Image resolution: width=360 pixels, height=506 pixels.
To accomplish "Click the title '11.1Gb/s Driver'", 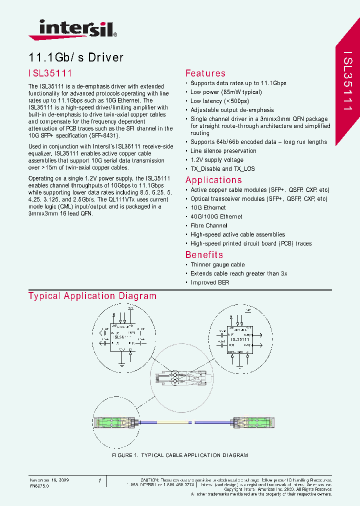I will click(x=75, y=57).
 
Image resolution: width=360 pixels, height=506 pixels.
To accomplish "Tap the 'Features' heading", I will click(x=205, y=73).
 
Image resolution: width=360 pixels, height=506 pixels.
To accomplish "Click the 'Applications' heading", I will click(x=213, y=180).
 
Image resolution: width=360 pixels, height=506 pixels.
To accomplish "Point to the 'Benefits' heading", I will click(x=204, y=254).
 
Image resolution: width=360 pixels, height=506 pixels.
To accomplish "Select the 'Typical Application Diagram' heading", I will click(x=92, y=296).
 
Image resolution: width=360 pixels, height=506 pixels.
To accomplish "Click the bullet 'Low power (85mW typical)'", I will click(x=226, y=92).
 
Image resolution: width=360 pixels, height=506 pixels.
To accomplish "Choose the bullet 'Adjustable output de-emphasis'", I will click(x=232, y=110).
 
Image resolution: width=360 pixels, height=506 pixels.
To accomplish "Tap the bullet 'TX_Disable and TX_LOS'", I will click(x=222, y=169).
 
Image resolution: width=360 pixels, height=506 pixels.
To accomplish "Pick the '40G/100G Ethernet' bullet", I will click(x=216, y=216).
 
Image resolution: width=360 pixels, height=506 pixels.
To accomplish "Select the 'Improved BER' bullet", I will click(x=210, y=282).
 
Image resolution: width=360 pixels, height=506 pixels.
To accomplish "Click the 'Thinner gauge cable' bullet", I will click(x=217, y=264).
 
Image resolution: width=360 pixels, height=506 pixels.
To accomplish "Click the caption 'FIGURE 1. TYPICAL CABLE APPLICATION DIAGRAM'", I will click(x=179, y=455).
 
